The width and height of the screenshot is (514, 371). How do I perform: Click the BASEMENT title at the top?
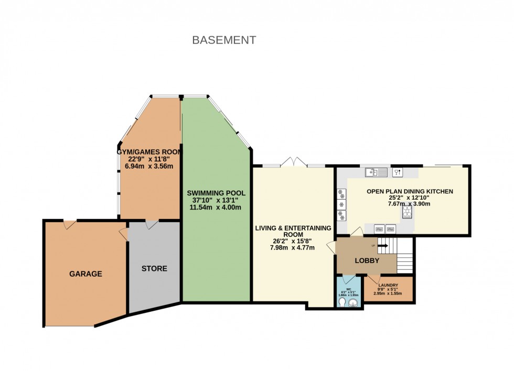tap(224, 40)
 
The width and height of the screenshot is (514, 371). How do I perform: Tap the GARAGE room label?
tap(85, 274)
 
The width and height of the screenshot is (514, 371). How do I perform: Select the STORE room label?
tap(154, 268)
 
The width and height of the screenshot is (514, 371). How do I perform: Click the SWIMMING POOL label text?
tap(216, 193)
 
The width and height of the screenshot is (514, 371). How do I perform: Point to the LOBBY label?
tap(367, 260)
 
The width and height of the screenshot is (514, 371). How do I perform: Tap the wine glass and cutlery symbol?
tap(396, 172)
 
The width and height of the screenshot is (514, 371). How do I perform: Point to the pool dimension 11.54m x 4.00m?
tap(215, 208)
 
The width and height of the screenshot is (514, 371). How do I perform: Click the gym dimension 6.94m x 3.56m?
tap(149, 166)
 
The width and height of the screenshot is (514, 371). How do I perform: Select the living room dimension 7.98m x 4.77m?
tap(293, 248)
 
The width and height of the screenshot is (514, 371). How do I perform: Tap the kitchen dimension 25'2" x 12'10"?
tap(409, 198)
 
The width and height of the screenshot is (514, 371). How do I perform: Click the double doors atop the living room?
tap(293, 161)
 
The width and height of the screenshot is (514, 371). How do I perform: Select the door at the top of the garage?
tap(68, 225)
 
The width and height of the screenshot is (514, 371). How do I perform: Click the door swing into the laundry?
tap(373, 279)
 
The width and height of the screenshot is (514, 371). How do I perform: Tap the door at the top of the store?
tap(151, 225)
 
